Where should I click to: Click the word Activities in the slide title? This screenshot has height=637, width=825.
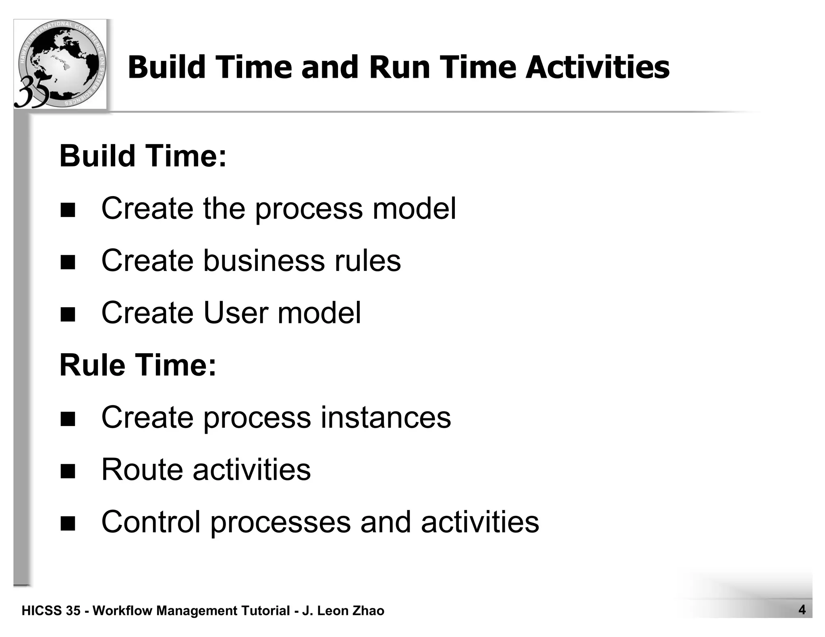597,67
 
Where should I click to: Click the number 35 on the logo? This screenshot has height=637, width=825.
32,92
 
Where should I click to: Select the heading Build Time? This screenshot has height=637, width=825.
143,156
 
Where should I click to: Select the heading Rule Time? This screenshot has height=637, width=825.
138,365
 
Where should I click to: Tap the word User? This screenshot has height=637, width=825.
236,313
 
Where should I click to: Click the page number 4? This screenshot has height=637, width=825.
802,610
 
